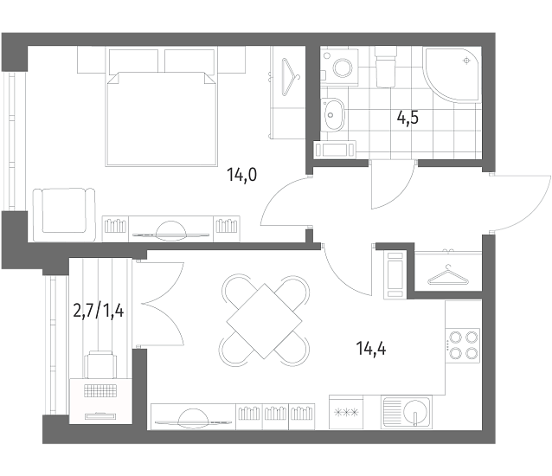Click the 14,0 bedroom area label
point(242,175)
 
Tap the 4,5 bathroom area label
point(408,118)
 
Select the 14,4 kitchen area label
point(371,349)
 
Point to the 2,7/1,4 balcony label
point(99,312)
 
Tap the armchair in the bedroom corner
point(64,215)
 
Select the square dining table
point(264,321)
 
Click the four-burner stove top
point(463,345)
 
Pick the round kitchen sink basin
point(416,412)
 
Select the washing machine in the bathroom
point(339,68)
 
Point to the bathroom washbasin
point(332,114)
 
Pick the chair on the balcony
point(100,364)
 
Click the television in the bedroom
point(170,232)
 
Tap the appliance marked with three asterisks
point(346,412)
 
